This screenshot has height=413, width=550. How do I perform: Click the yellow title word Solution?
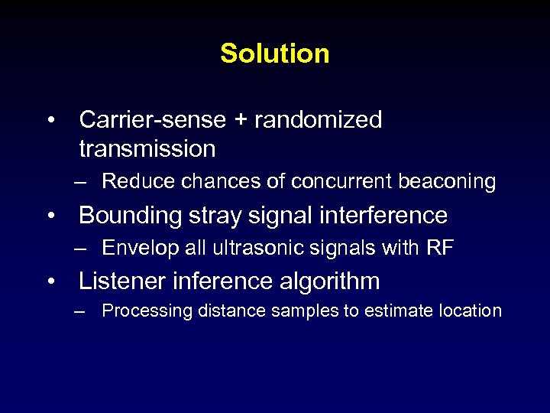(275, 54)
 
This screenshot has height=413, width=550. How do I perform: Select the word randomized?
(318, 120)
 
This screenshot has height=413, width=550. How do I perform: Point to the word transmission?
(147, 148)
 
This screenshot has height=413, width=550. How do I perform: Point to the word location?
(470, 311)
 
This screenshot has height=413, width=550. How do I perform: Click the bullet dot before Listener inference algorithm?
(50, 281)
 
